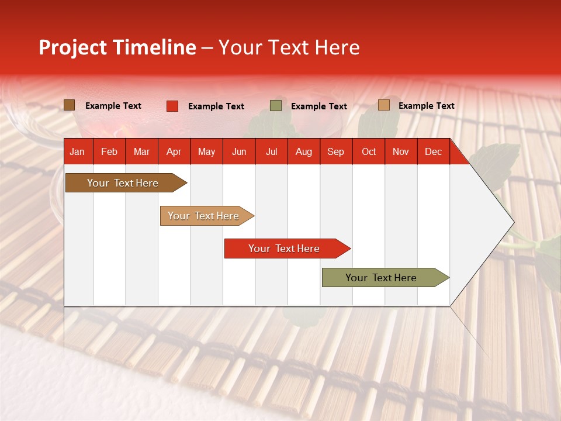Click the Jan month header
click(x=77, y=152)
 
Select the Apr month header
click(x=174, y=152)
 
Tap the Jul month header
click(x=271, y=152)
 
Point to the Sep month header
click(x=335, y=152)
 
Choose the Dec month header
click(x=433, y=152)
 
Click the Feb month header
click(x=109, y=152)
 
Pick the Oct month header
click(x=369, y=152)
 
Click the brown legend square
click(x=70, y=105)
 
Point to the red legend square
click(x=172, y=106)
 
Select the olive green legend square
click(x=276, y=106)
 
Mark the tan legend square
click(x=384, y=105)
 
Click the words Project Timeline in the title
click(x=117, y=47)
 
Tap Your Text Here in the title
click(x=289, y=47)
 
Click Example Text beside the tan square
click(x=426, y=106)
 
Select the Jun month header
click(x=239, y=152)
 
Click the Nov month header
click(x=401, y=152)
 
